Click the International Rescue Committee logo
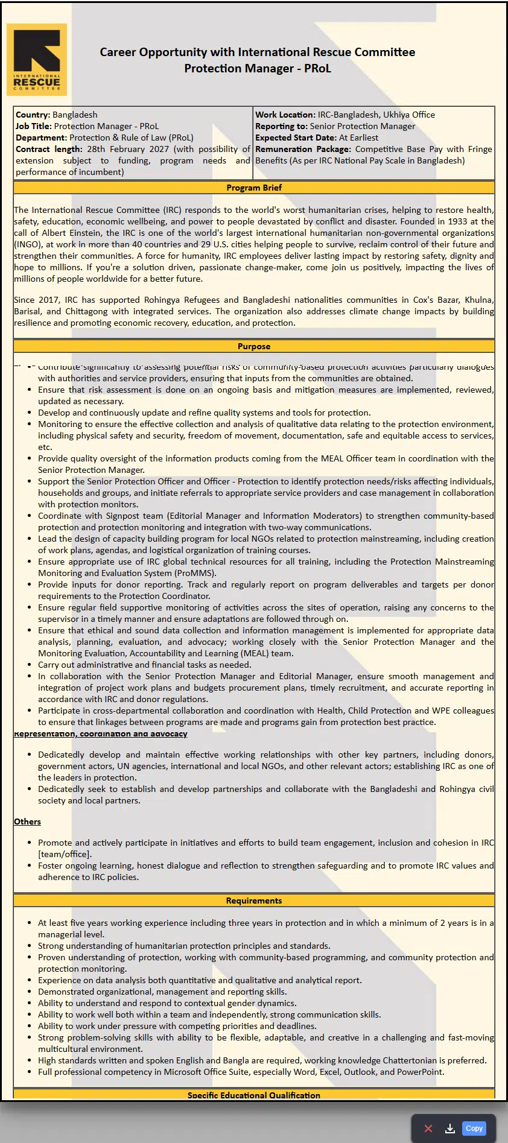click(37, 60)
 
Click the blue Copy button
click(474, 1128)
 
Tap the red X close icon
click(428, 1129)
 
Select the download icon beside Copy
click(450, 1129)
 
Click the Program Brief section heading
click(254, 188)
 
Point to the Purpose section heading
click(254, 346)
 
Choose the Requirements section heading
click(254, 901)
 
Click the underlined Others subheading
click(28, 822)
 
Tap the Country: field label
click(33, 115)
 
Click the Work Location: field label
click(285, 115)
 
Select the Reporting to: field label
click(281, 126)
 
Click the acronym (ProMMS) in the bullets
click(195, 573)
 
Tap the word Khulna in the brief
click(479, 300)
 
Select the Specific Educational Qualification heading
click(254, 1095)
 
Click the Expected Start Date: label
click(296, 138)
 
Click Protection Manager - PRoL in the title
click(258, 68)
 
